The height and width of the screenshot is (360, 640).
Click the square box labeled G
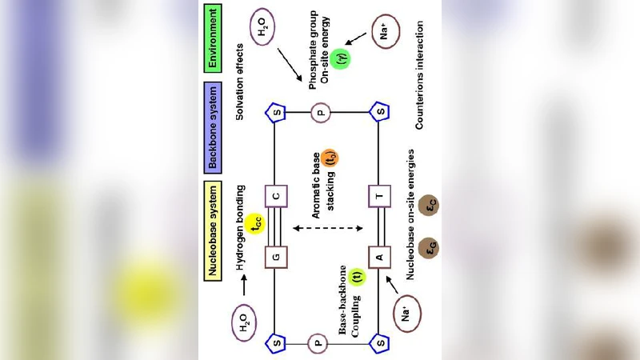pyautogui.click(x=275, y=257)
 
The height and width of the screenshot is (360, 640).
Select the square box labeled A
pyautogui.click(x=380, y=257)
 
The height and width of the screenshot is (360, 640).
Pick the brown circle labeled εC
pyautogui.click(x=430, y=206)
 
